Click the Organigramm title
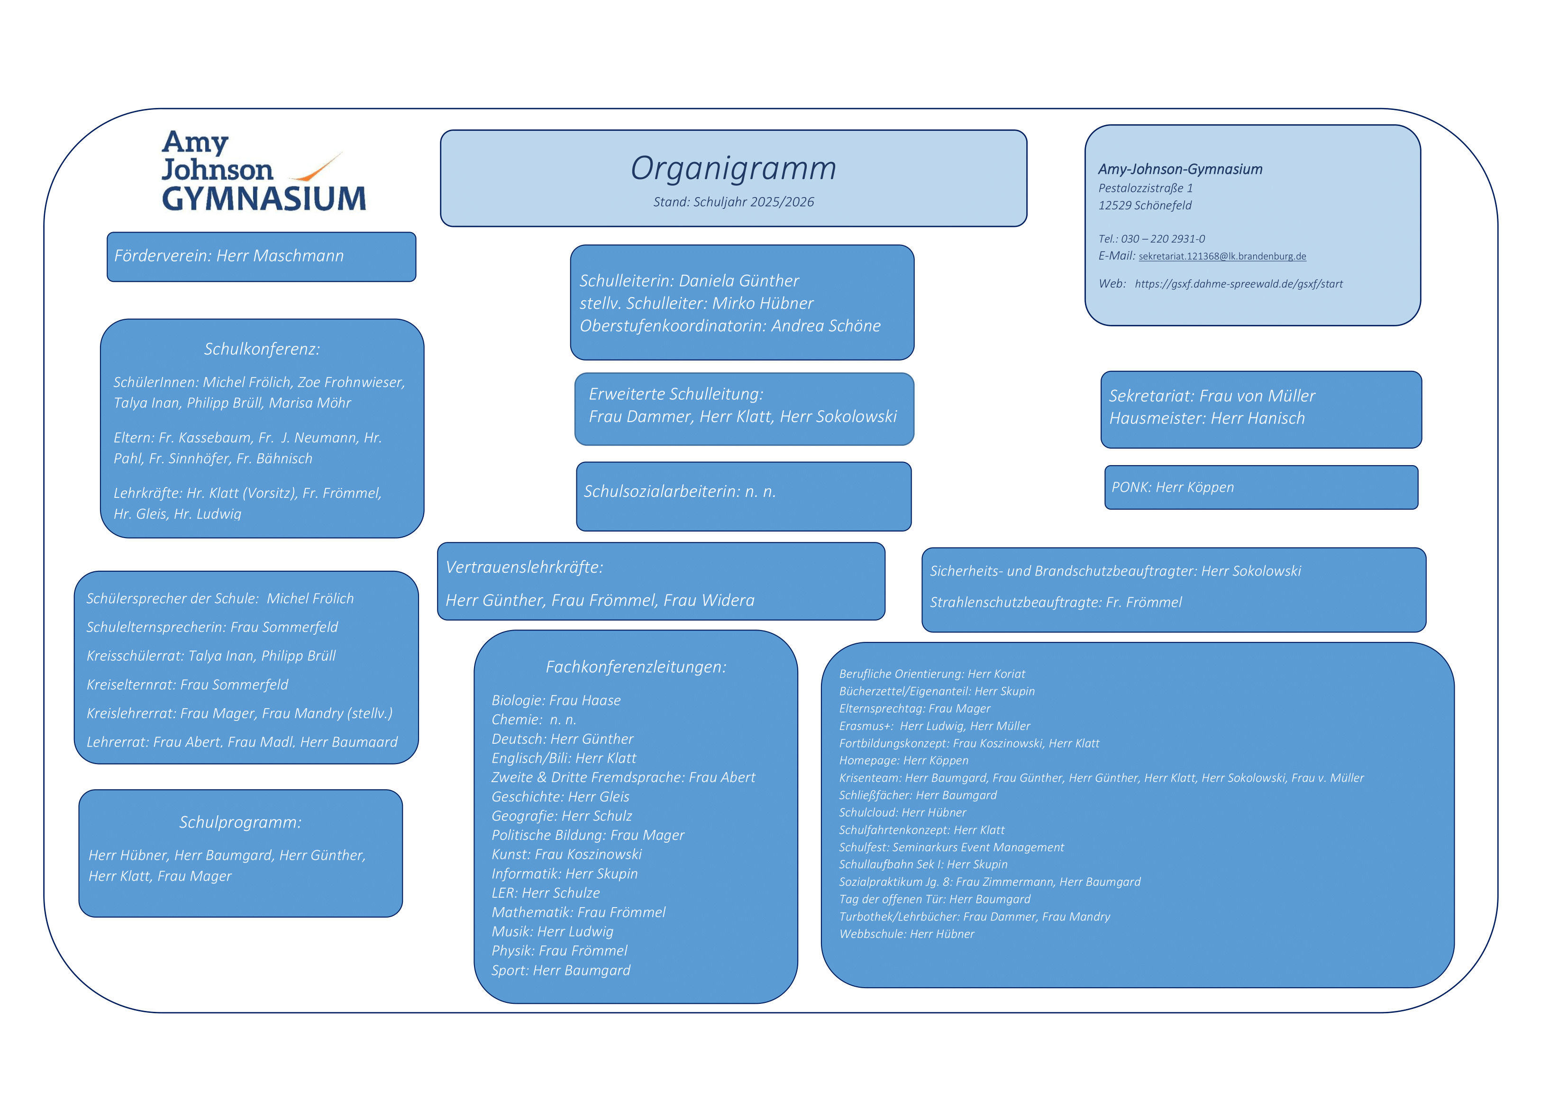[733, 168]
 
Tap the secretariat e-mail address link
[1222, 257]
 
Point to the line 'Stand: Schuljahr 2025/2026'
[733, 202]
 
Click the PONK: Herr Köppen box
[1261, 487]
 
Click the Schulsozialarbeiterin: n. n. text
[680, 492]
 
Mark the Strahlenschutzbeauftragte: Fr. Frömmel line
[1055, 602]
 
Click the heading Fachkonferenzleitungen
[635, 667]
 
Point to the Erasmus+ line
[934, 726]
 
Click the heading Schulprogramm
[240, 823]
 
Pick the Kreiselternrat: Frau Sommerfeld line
[187, 685]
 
